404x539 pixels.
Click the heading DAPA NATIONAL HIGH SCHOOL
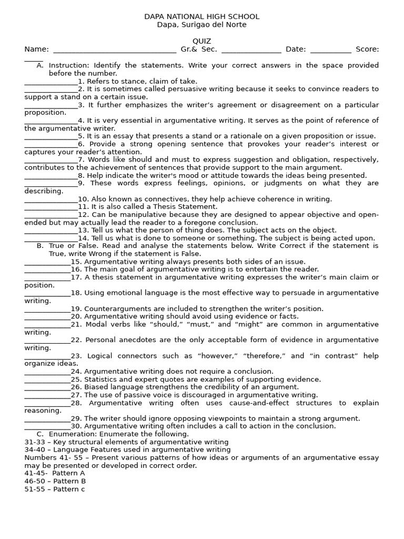202,17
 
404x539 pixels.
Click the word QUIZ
202,41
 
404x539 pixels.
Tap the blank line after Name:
115,50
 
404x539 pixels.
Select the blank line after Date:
330,50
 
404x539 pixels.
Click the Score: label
367,49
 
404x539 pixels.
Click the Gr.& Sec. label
199,49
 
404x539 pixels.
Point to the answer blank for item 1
51,82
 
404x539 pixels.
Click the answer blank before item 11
51,207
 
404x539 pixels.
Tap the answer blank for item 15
47,262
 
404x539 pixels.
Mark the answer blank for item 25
47,380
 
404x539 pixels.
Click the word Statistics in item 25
100,380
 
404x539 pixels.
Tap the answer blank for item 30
47,427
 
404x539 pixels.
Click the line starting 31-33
126,442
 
